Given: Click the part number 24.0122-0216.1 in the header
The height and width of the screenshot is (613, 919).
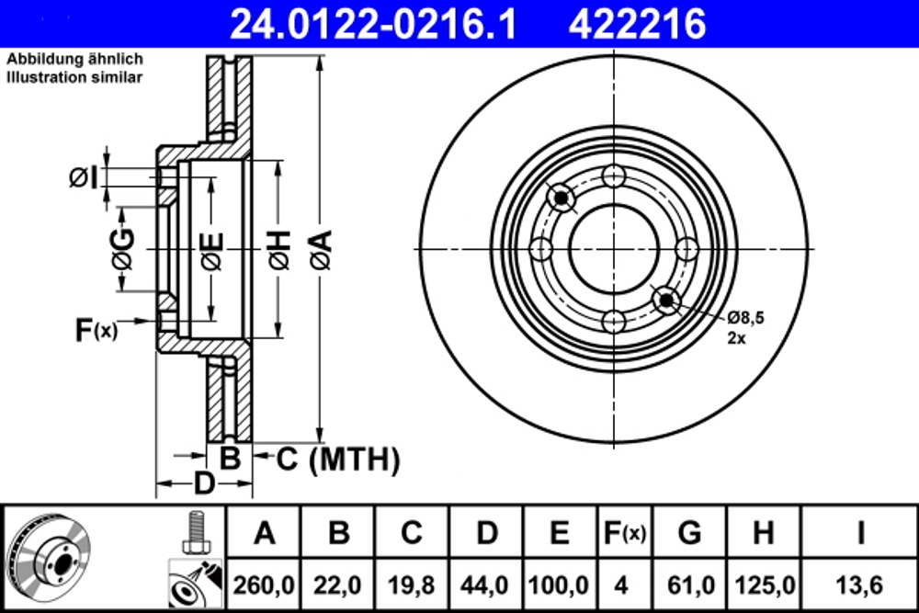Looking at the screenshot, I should [372, 23].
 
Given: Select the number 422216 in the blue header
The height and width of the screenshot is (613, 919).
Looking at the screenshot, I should [638, 23].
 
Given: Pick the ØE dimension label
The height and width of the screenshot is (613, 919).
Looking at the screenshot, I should [211, 251].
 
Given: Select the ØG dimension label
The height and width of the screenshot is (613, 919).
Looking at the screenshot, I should [122, 249].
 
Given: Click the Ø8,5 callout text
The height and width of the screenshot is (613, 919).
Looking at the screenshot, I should [745, 318].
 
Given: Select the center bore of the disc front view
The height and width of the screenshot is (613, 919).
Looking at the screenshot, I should [613, 249].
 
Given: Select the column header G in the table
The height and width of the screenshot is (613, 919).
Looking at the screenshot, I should [690, 532].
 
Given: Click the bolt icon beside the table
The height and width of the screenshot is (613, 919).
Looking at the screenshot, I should [193, 530].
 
